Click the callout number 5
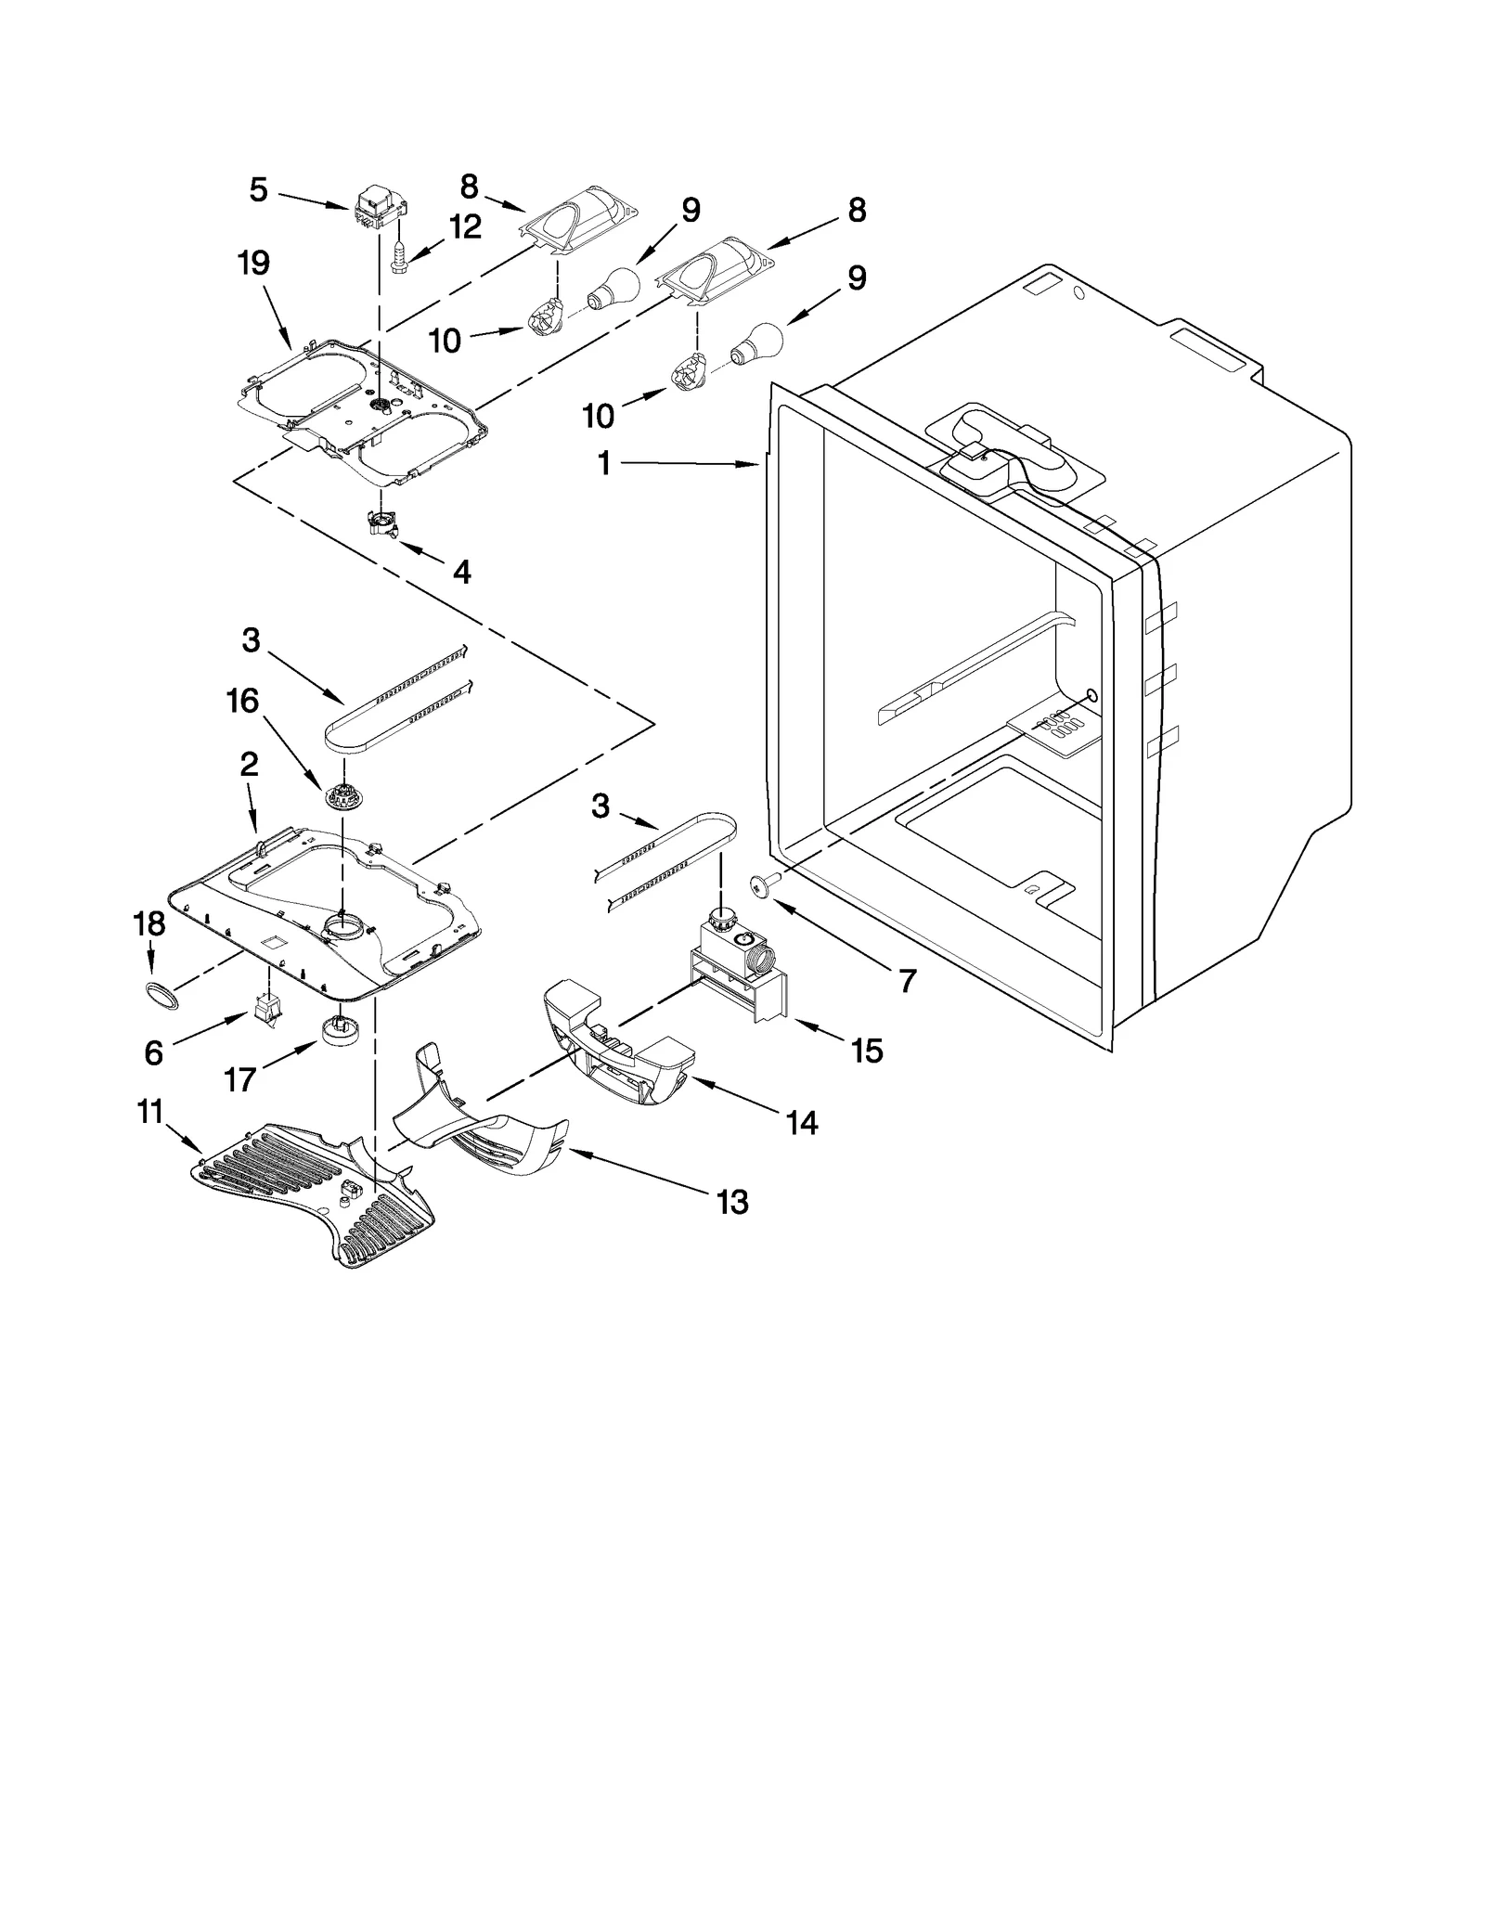point(258,190)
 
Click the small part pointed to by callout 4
point(382,525)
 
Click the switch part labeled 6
point(267,1008)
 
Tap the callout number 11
point(150,1111)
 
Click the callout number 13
point(732,1202)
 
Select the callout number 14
point(802,1123)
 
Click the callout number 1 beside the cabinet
point(604,462)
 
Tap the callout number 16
point(243,702)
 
